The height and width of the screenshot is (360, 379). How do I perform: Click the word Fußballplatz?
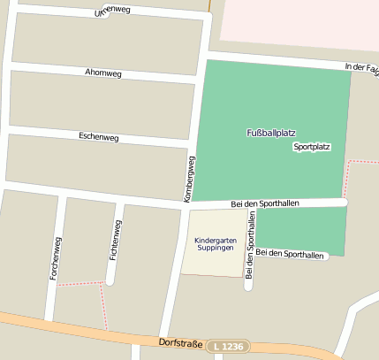click(x=271, y=132)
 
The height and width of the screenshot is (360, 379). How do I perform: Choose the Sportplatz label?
click(x=311, y=147)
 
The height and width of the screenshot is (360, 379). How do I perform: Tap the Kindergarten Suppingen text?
click(x=215, y=243)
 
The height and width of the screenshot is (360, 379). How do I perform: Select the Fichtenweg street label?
click(x=114, y=240)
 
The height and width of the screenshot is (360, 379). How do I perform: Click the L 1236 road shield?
click(x=230, y=346)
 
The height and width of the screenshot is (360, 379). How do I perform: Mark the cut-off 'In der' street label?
click(x=361, y=67)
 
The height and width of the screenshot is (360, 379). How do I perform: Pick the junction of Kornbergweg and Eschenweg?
click(x=193, y=143)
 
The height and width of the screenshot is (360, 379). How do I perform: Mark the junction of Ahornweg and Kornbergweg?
click(x=198, y=80)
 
